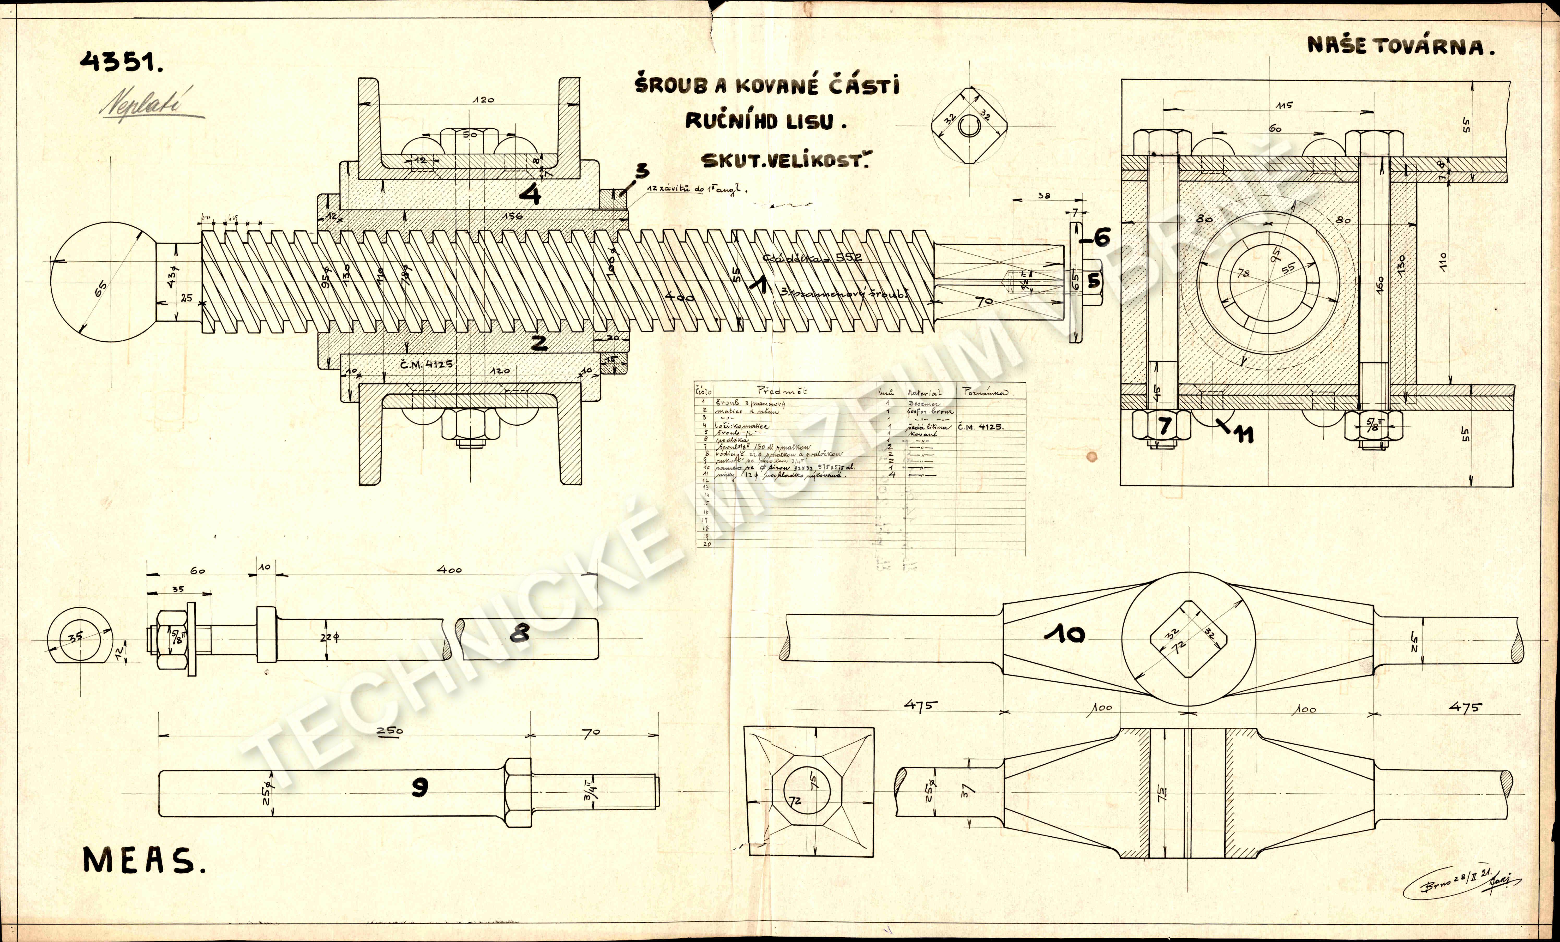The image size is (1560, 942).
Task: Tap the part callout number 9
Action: [419, 787]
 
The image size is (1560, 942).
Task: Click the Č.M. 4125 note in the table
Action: [981, 427]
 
